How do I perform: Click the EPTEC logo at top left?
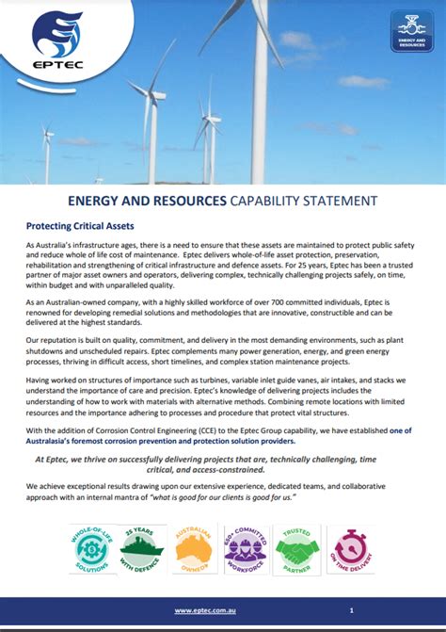(57, 42)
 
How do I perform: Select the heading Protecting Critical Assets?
(80, 226)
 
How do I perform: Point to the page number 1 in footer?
(350, 610)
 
